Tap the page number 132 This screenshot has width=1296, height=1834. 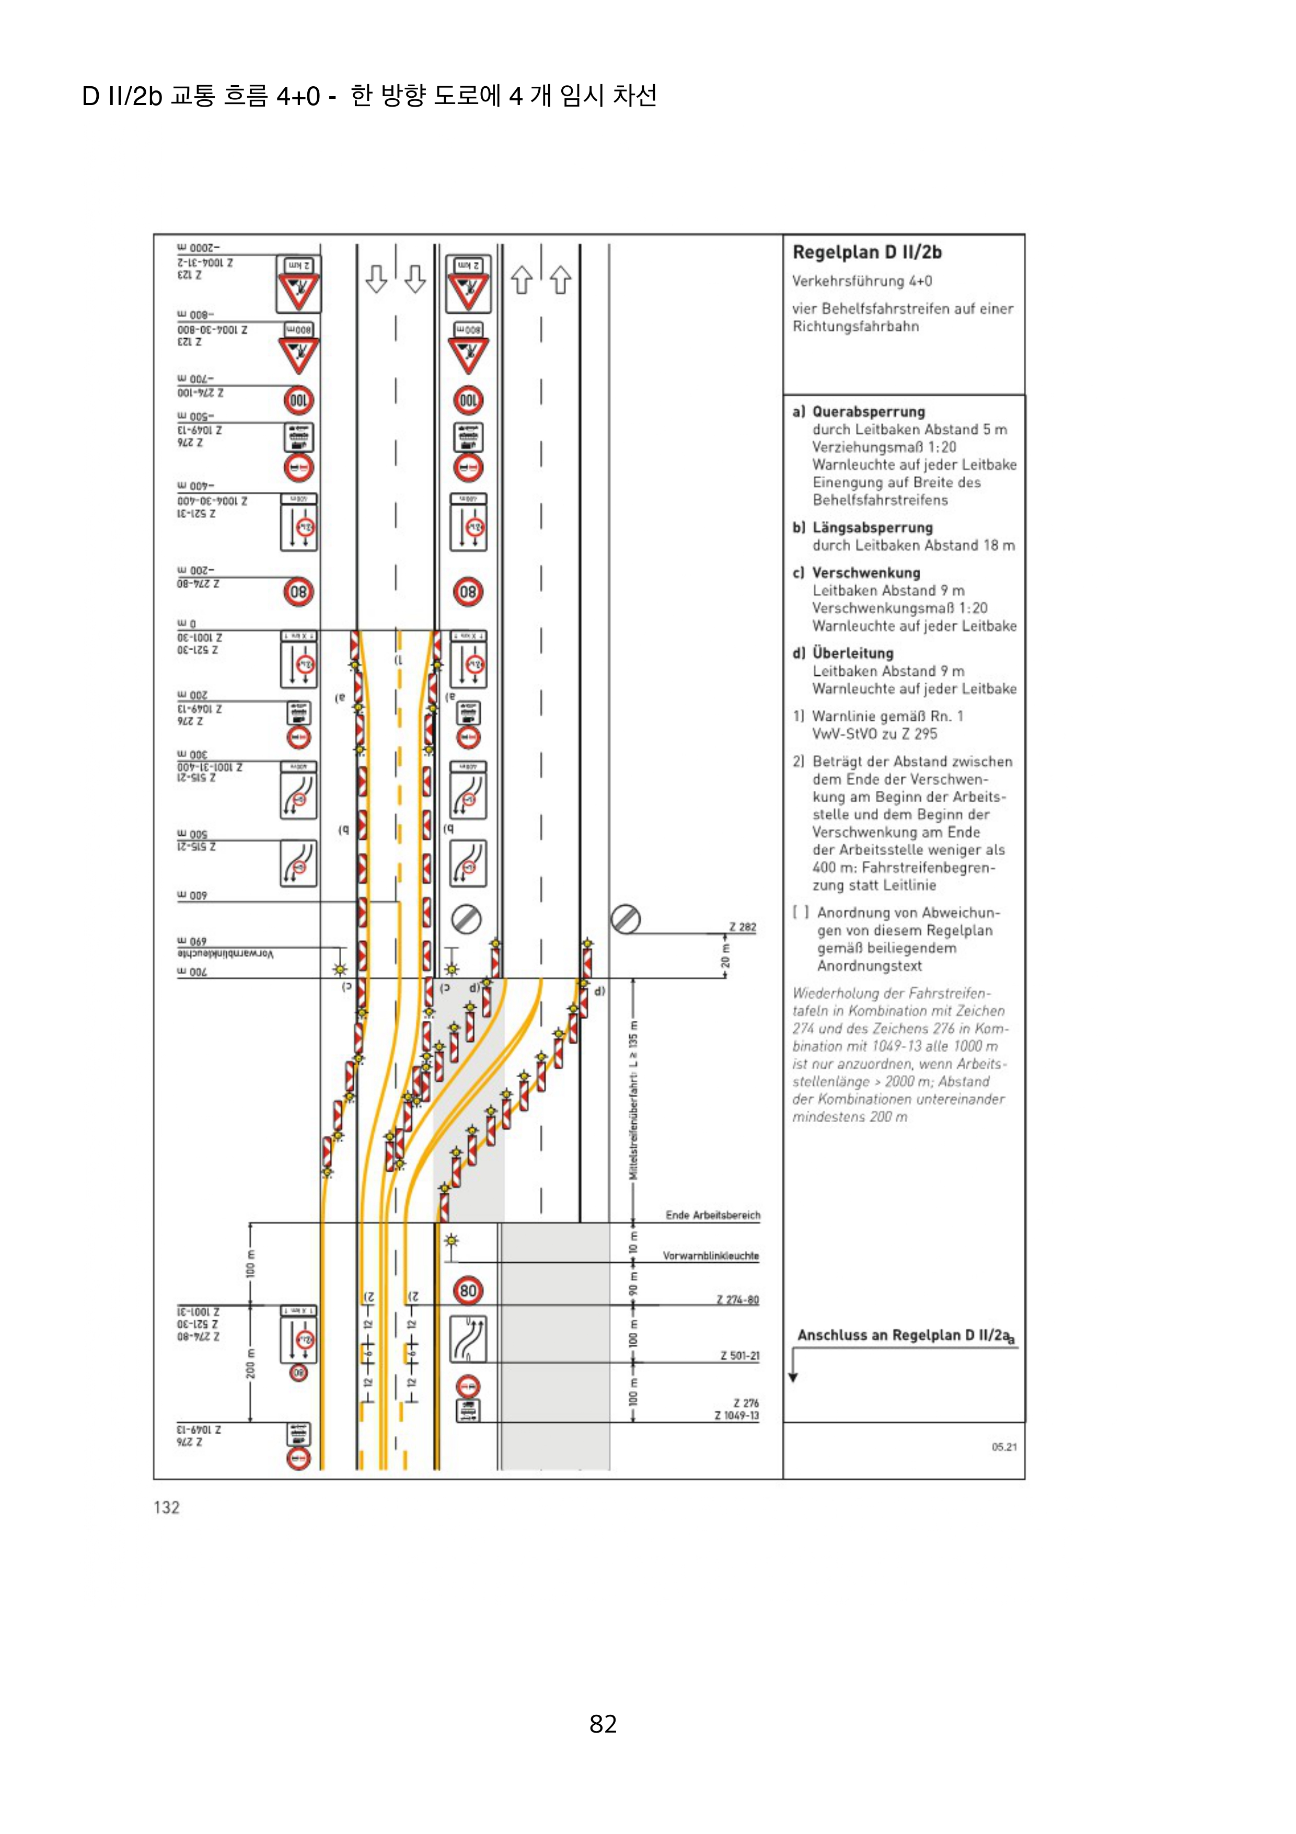[167, 1507]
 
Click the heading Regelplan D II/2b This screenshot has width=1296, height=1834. [866, 252]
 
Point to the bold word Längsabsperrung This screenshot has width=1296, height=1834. [872, 527]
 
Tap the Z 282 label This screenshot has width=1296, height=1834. [742, 927]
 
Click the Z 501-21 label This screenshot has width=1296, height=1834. [739, 1356]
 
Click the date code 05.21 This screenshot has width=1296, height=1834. [1004, 1447]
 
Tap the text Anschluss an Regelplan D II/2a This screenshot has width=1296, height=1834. [905, 1335]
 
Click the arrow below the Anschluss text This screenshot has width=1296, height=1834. [793, 1367]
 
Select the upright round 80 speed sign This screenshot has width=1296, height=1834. [468, 1290]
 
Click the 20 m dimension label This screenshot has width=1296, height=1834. [725, 956]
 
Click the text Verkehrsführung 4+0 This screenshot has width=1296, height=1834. [862, 281]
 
